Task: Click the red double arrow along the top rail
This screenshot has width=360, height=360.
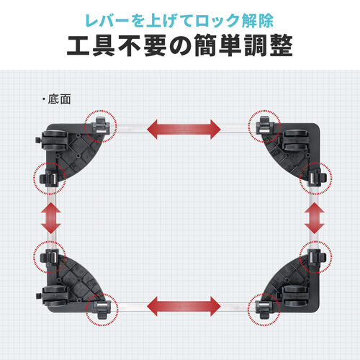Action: pyautogui.click(x=184, y=130)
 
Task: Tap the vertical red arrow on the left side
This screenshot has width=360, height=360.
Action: pyautogui.click(x=50, y=217)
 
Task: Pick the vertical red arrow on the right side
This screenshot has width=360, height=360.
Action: pyautogui.click(x=315, y=217)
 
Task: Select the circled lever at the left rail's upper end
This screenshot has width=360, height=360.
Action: pyautogui.click(x=48, y=177)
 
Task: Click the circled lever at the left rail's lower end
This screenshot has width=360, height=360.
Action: pyautogui.click(x=48, y=258)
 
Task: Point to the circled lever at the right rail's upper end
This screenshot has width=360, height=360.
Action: pyautogui.click(x=315, y=177)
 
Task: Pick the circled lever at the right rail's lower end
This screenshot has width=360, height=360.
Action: pyautogui.click(x=315, y=258)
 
